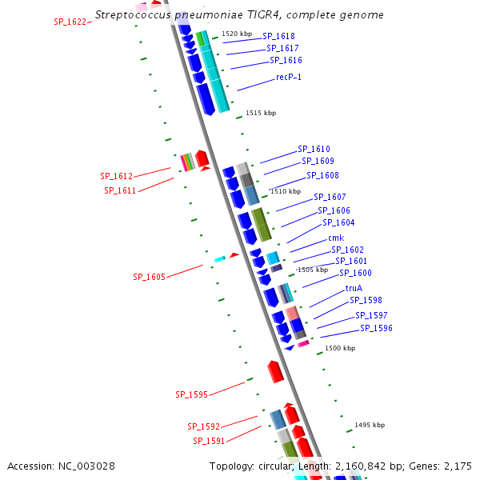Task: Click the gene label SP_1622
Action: pos(70,22)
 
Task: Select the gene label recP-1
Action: pos(289,77)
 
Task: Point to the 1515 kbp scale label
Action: pos(261,114)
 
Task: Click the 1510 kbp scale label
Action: pos(286,192)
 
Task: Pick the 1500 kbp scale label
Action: pos(340,348)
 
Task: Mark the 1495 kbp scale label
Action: pos(370,425)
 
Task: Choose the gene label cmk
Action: pos(336,238)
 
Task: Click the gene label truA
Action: pos(354,288)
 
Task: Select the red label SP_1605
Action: pos(149,277)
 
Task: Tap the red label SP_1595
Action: pos(191,394)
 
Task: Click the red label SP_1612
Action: pos(116,176)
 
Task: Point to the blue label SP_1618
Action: pos(278,36)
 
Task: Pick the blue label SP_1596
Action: pos(376,328)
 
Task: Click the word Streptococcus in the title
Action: pos(133,15)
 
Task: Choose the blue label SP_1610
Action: pos(314,149)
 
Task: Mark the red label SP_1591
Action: pos(209,441)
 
